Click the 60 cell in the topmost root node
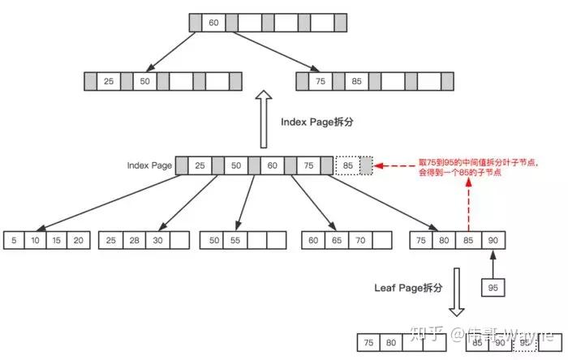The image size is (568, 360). tap(213, 23)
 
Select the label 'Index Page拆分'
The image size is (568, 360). tap(317, 122)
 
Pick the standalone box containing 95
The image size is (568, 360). tap(492, 287)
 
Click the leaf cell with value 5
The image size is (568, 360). tap(14, 241)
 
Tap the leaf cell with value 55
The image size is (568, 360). tap(235, 241)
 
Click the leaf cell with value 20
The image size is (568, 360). tap(77, 241)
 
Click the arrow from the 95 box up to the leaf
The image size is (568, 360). tap(492, 264)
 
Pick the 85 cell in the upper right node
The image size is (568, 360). tap(356, 81)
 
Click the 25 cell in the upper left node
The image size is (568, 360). tap(109, 81)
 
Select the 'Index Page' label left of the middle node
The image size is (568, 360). tap(149, 165)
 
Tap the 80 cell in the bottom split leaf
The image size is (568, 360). tap(390, 342)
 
